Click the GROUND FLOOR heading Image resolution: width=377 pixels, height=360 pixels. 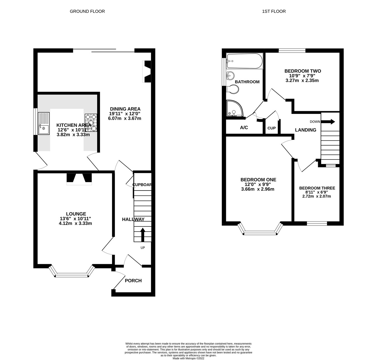[87, 11]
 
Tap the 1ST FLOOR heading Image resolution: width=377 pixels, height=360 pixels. [274, 11]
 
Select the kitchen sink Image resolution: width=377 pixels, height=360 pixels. [44, 123]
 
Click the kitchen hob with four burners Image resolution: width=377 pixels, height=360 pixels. [91, 123]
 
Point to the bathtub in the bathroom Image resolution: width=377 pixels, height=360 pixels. [244, 61]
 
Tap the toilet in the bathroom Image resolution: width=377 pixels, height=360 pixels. [232, 89]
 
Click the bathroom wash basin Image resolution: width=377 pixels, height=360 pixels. [230, 76]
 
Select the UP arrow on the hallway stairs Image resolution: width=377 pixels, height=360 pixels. [143, 235]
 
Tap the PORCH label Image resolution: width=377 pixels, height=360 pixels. [133, 281]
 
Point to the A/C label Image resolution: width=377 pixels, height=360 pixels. [244, 127]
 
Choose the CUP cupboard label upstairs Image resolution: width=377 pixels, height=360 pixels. [271, 128]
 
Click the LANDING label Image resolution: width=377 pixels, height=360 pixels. [306, 130]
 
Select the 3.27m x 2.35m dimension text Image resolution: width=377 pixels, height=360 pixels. [302, 80]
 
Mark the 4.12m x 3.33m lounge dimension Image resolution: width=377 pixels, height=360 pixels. [75, 223]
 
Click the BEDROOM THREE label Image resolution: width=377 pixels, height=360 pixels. [317, 188]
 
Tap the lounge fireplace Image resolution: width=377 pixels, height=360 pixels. [79, 179]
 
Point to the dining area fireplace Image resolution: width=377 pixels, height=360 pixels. [147, 71]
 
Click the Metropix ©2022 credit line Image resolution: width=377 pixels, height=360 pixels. [188, 358]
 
